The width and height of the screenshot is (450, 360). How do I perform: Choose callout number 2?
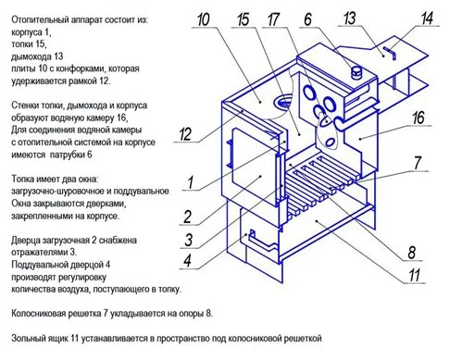tap(187, 217)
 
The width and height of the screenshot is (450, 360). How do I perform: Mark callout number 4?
tap(187, 261)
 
